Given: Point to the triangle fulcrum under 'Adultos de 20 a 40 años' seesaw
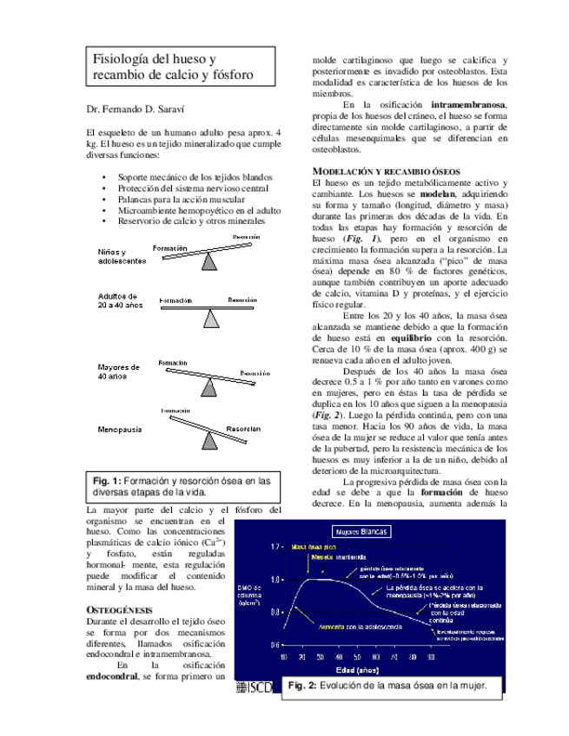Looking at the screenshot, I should [210, 319].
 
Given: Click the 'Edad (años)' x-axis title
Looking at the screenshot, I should [359, 672].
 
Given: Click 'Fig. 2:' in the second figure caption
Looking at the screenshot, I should [304, 686].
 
